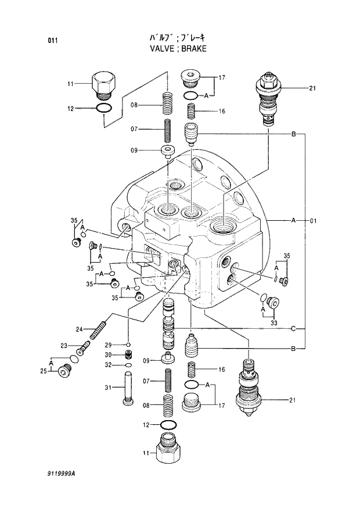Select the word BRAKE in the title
[194, 49]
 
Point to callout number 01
[313, 221]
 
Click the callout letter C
[294, 329]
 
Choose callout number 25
[43, 370]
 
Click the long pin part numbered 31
[128, 388]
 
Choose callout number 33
[273, 322]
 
